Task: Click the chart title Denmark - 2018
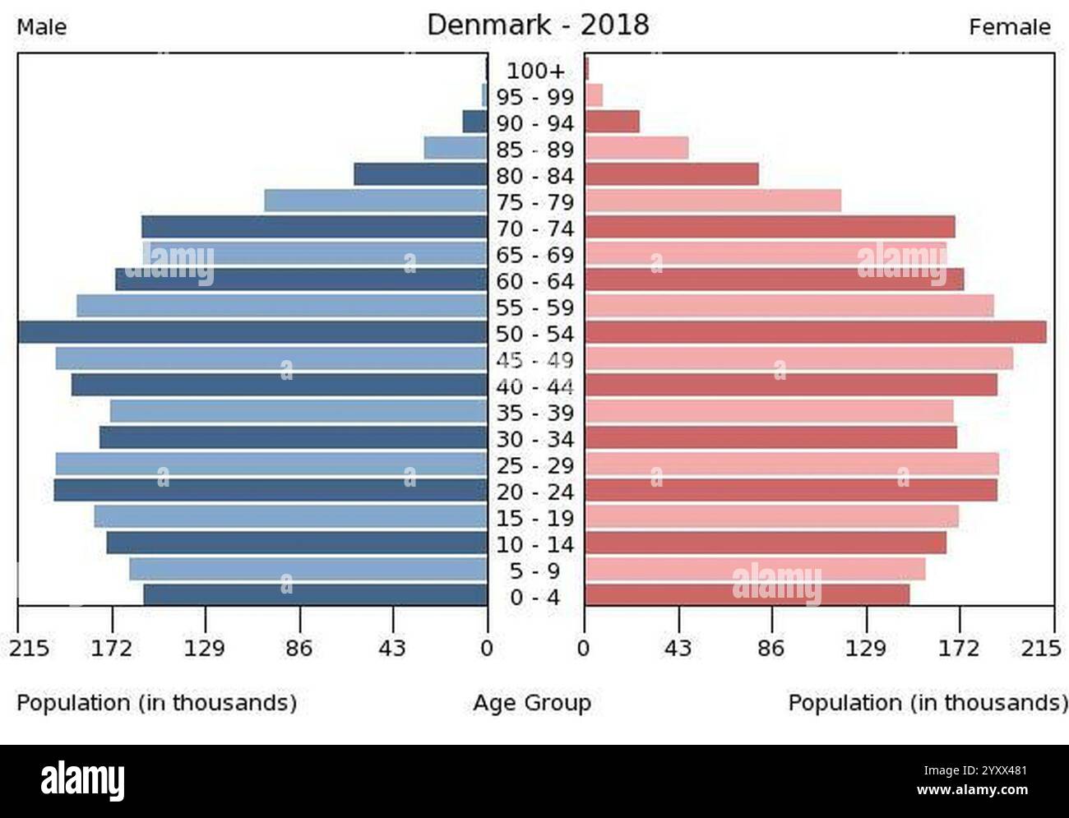tap(538, 25)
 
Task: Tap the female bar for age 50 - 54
tap(815, 332)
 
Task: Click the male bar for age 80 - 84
tap(420, 174)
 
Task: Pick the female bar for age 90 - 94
tap(612, 122)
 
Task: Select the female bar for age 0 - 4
tap(747, 595)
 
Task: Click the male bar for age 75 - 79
tap(376, 201)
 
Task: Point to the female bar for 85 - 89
tap(636, 148)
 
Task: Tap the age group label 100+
tap(535, 72)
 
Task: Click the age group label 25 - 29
tap(535, 466)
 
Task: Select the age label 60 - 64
tap(535, 282)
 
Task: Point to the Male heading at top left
tap(42, 27)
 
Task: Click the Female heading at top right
tap(1009, 27)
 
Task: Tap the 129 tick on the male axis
tap(205, 649)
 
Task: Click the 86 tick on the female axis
tap(771, 649)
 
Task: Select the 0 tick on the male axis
tap(487, 649)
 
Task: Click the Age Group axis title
tap(532, 703)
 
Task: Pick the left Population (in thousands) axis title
tap(157, 703)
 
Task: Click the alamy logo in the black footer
tap(83, 780)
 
